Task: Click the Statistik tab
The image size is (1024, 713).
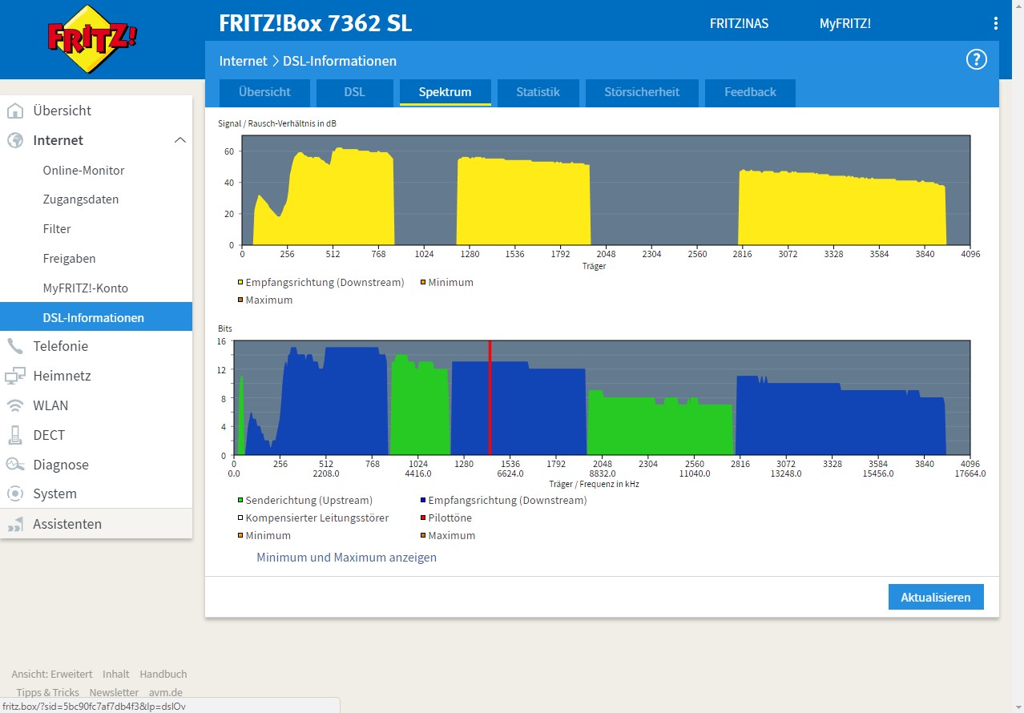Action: click(x=538, y=92)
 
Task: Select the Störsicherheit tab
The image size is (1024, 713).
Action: click(x=642, y=92)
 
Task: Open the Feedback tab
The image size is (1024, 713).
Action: click(x=750, y=92)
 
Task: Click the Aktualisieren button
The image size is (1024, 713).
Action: click(x=936, y=597)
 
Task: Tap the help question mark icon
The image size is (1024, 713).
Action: click(x=977, y=59)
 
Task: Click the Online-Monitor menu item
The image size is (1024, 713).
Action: click(x=83, y=171)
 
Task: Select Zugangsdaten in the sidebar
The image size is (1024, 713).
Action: click(x=81, y=199)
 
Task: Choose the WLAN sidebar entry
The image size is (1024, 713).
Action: click(x=50, y=405)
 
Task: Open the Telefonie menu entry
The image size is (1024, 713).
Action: click(x=60, y=346)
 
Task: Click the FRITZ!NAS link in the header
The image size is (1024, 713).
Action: click(x=739, y=23)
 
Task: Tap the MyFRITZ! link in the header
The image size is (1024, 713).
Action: click(x=845, y=23)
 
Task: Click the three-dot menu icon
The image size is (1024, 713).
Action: click(x=996, y=23)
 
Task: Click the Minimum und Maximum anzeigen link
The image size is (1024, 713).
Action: click(x=346, y=557)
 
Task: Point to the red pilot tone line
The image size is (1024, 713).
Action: click(x=490, y=397)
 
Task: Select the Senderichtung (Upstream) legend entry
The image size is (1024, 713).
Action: click(x=305, y=500)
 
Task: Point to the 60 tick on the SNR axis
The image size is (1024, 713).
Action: click(x=229, y=151)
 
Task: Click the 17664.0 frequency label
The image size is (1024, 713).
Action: click(x=970, y=473)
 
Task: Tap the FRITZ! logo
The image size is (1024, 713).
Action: click(x=92, y=38)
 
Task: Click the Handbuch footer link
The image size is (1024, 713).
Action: click(x=163, y=674)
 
